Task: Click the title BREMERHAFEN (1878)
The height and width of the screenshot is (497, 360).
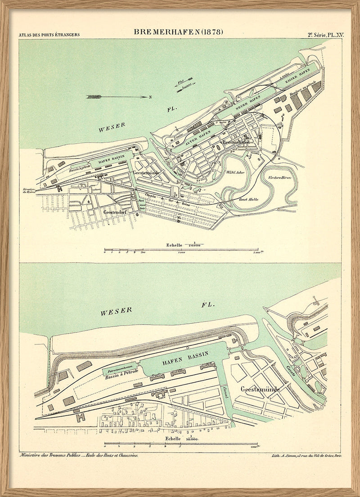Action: point(178,32)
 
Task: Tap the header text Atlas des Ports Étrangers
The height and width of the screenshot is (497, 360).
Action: point(49,35)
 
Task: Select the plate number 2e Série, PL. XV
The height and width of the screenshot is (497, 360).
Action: point(324,35)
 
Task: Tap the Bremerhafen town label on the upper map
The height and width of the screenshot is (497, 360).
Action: point(235,142)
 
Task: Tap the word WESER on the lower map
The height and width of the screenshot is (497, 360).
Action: point(116,311)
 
